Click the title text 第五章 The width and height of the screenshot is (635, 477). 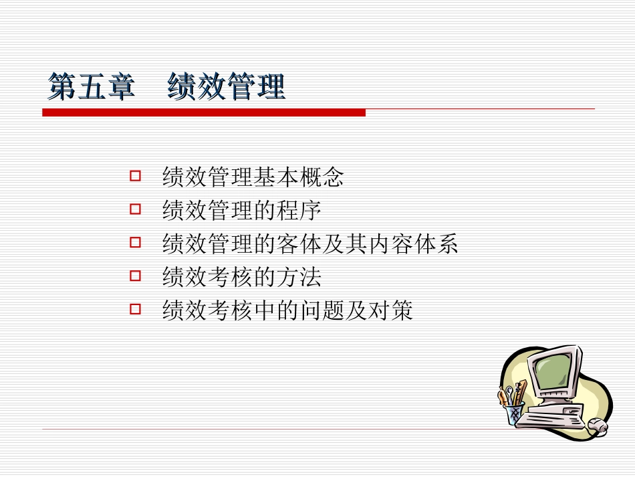(91, 88)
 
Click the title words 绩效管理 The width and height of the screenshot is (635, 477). (227, 88)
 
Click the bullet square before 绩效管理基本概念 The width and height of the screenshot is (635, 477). (135, 177)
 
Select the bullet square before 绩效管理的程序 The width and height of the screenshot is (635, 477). (135, 210)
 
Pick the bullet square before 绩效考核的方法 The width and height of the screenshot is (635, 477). (135, 276)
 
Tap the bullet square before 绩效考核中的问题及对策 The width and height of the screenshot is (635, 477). (135, 309)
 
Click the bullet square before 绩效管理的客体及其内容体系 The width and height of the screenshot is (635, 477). (135, 243)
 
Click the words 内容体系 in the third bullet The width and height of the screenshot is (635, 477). (412, 244)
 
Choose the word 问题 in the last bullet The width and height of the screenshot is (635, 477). (322, 310)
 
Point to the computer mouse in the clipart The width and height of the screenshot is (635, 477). (597, 426)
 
